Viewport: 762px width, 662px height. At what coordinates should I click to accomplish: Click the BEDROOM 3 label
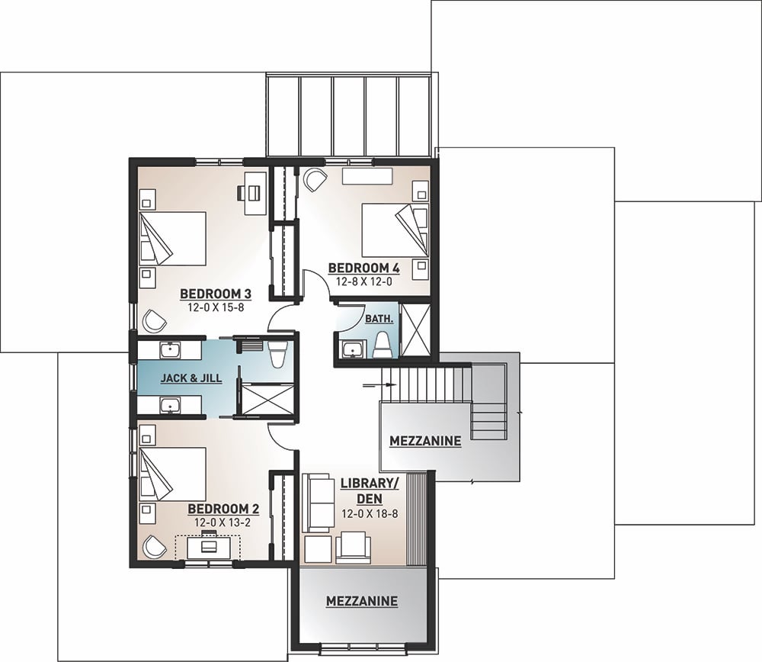coord(204,294)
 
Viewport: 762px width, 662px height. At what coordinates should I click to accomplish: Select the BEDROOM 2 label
coord(219,509)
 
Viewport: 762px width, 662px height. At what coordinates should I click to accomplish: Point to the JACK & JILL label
coord(190,378)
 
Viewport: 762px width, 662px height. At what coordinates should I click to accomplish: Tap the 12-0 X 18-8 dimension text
coord(370,514)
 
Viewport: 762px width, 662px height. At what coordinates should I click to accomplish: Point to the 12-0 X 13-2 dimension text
coord(219,522)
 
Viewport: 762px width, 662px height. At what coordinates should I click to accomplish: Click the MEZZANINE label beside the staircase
coord(424,441)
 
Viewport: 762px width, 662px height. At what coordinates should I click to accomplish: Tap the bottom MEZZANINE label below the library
coord(361,601)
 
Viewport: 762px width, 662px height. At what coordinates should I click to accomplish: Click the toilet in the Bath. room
coord(383,343)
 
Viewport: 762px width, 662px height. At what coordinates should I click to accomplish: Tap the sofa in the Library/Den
coord(317,501)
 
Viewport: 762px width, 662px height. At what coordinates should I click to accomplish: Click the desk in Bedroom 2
coord(207,547)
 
